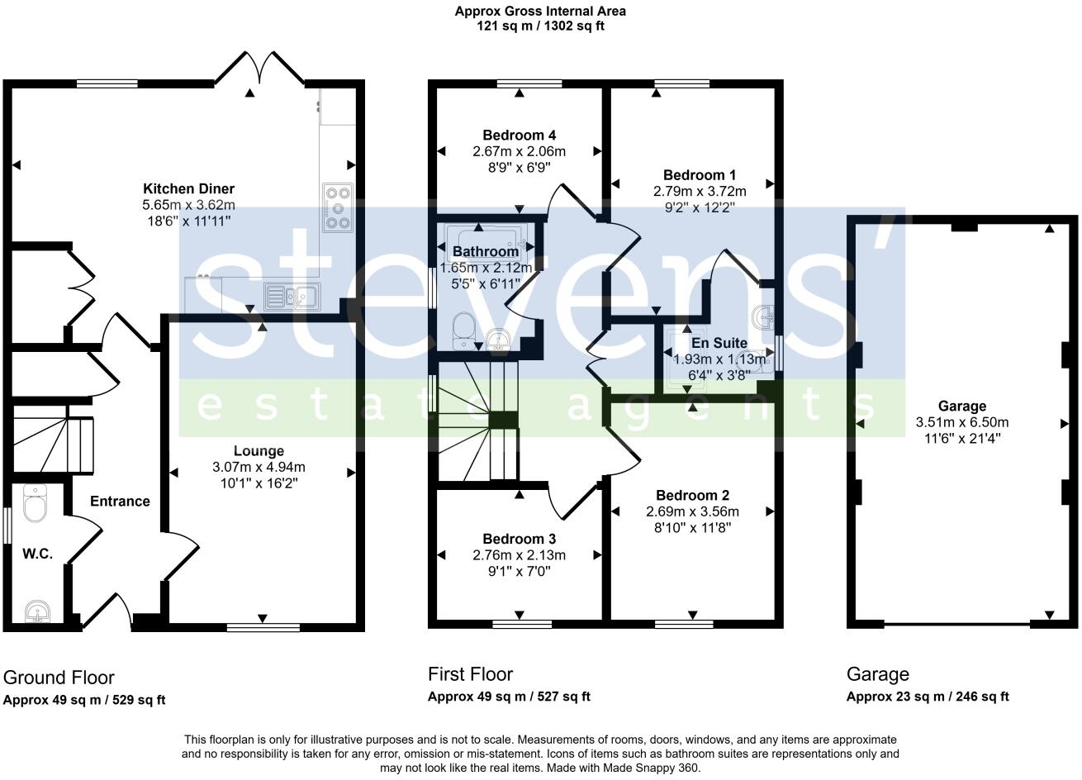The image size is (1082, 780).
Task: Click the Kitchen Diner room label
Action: [188, 188]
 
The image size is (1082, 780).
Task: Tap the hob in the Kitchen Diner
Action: [338, 207]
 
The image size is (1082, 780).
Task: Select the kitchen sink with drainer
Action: [292, 297]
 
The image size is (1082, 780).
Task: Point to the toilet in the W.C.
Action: [35, 503]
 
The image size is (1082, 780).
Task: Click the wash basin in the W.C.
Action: [37, 611]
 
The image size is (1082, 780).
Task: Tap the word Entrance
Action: [120, 502]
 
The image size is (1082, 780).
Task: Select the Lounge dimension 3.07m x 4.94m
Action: [259, 467]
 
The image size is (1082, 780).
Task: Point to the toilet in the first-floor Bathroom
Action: [463, 331]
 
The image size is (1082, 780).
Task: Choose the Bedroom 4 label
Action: [519, 135]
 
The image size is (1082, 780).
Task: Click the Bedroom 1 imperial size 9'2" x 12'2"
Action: [700, 207]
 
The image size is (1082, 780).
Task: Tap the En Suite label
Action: [719, 343]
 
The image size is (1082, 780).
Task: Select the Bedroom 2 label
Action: [692, 495]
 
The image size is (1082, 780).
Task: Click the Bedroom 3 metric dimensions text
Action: [519, 554]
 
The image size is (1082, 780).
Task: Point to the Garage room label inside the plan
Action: [961, 406]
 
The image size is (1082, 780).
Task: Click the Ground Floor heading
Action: [59, 678]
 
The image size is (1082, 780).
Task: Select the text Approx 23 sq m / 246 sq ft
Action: [928, 697]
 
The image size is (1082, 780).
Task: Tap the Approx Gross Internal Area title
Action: [540, 11]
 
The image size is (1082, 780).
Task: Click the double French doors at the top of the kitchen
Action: [260, 68]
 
